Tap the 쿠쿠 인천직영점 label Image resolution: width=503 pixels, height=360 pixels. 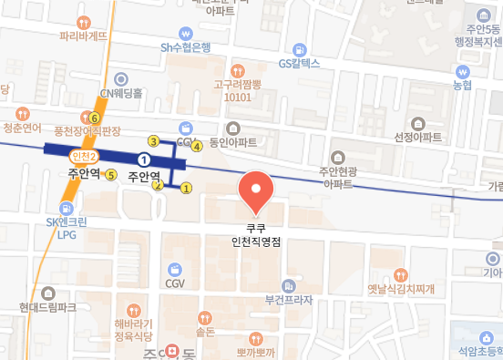click(255, 236)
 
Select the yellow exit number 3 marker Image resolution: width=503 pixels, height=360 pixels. click(153, 140)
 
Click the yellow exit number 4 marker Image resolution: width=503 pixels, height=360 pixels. click(197, 156)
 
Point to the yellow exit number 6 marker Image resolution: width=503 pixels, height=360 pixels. click(94, 118)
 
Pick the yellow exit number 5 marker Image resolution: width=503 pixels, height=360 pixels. click(110, 175)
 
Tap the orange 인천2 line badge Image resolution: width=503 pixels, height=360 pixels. click(81, 158)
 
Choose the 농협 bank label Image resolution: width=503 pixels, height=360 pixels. click(464, 85)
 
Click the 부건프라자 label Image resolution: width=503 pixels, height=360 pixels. click(289, 300)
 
